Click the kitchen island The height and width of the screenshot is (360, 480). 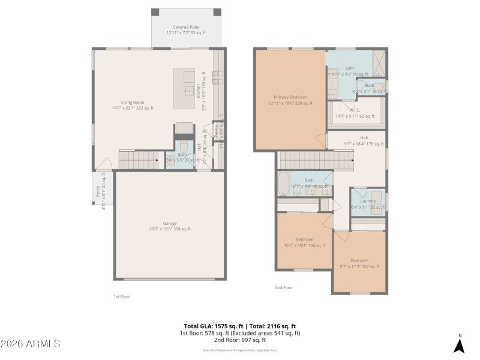coord(185,88)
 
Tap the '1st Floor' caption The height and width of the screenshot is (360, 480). coord(122,296)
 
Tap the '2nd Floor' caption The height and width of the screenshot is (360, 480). coord(284,288)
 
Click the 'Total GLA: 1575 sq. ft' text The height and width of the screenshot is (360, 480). coord(210,326)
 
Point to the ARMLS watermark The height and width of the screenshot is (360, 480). coord(31,344)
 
